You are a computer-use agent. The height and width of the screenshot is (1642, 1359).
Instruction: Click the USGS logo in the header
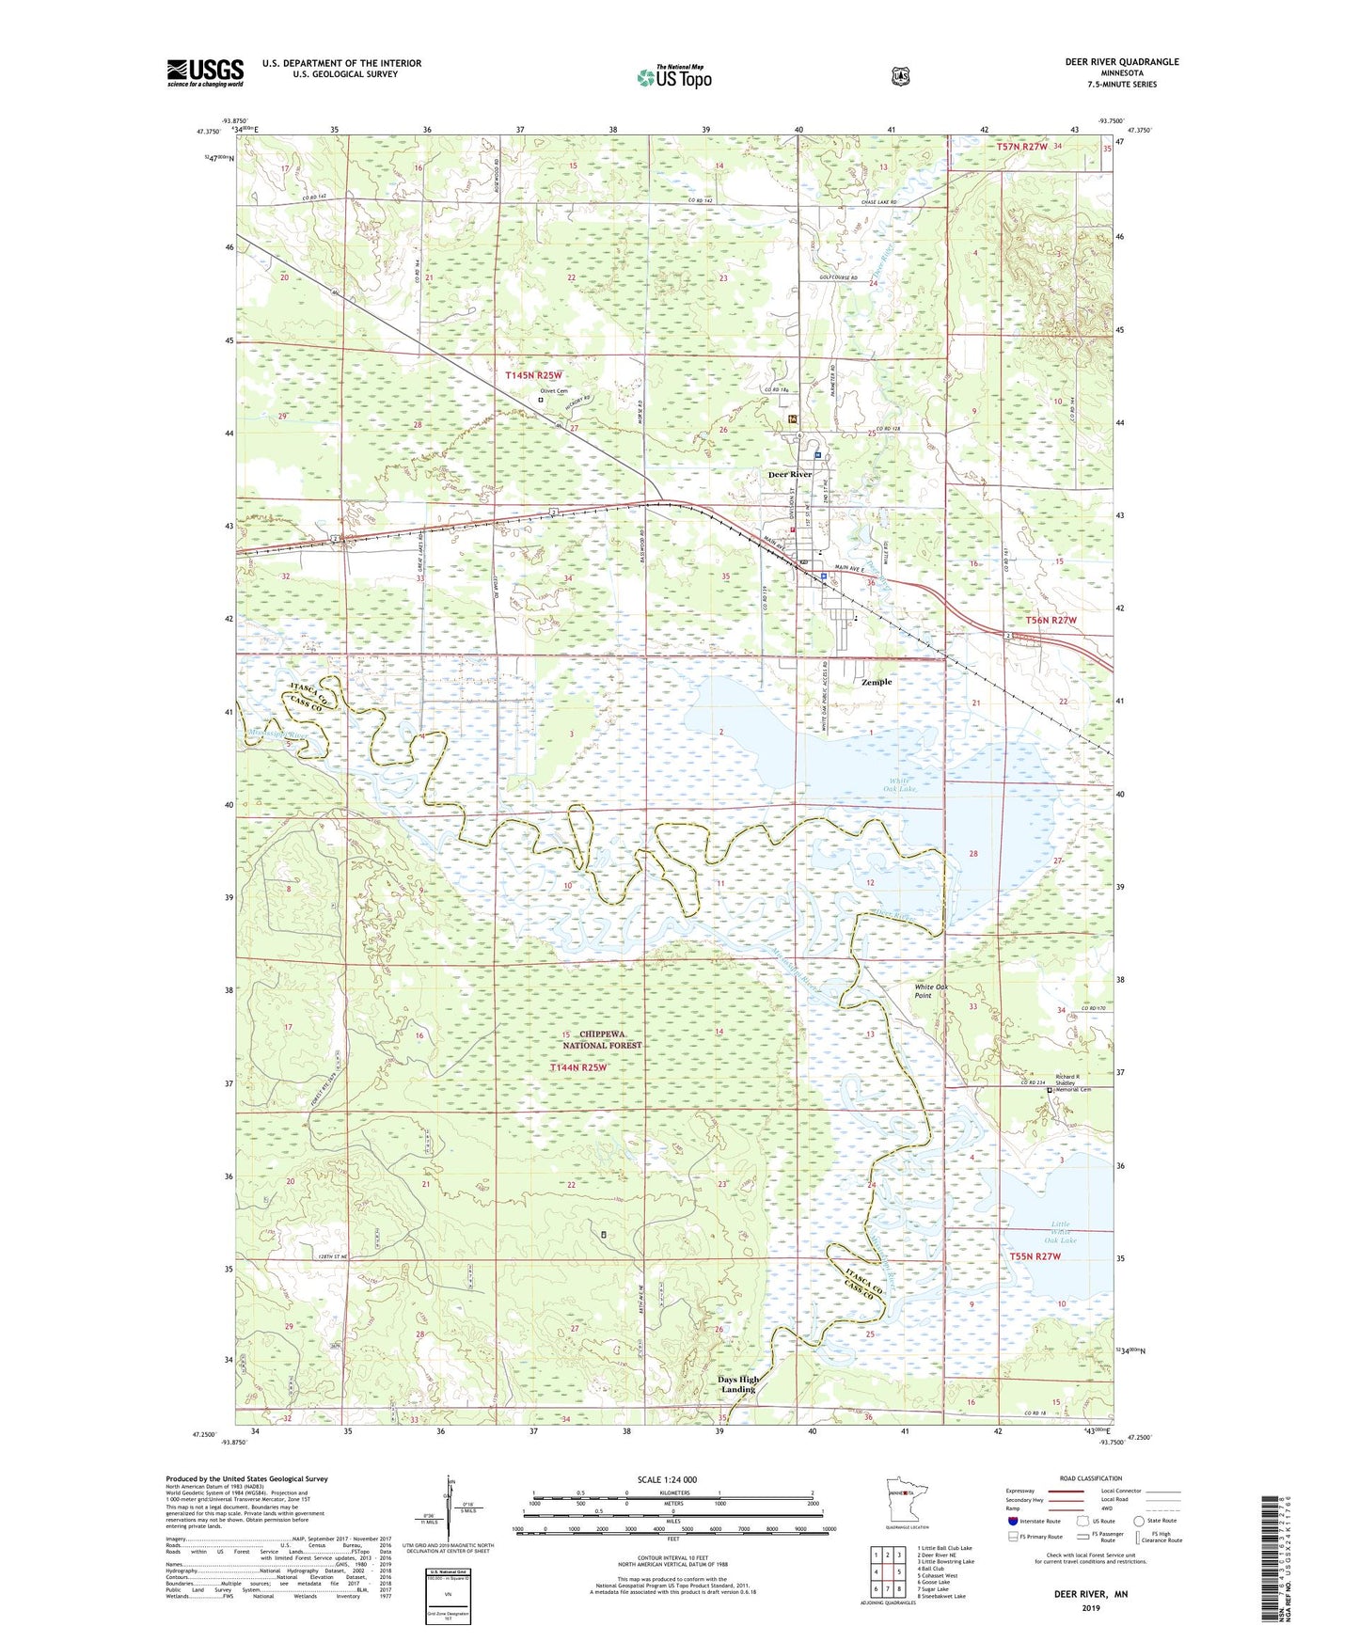point(205,72)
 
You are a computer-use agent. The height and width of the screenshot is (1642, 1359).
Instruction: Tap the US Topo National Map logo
point(673,77)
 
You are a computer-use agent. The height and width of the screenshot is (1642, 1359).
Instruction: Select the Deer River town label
point(790,475)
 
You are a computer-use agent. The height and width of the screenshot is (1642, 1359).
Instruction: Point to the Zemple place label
point(877,682)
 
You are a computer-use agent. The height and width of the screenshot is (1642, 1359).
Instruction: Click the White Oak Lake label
point(902,784)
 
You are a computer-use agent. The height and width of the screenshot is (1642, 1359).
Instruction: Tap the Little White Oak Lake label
point(1061,1232)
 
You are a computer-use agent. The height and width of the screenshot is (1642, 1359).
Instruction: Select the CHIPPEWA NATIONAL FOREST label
point(602,1040)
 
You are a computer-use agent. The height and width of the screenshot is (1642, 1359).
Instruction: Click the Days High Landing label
point(737,1384)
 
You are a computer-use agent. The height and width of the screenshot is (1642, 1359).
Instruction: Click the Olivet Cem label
point(553,391)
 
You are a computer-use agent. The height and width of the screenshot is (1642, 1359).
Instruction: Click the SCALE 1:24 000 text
point(667,1480)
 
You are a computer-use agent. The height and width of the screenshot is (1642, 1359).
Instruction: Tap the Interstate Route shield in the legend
point(1012,1520)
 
